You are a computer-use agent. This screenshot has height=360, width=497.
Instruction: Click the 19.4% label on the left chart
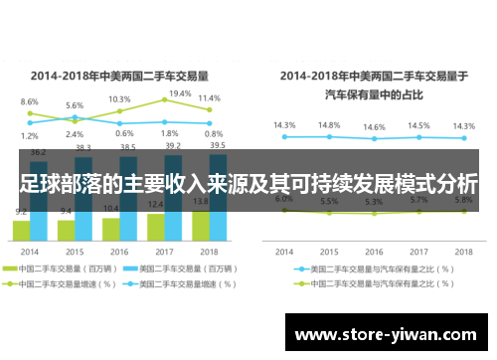tap(181, 92)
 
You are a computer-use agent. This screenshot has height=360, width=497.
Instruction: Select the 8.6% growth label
tap(30, 101)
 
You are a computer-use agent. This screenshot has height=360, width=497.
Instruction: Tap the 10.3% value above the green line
tap(119, 99)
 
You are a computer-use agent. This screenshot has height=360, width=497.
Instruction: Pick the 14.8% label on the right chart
tap(329, 125)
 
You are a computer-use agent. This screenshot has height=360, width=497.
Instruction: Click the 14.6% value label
tap(374, 127)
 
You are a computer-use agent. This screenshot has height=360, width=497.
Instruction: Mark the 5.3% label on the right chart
tap(374, 202)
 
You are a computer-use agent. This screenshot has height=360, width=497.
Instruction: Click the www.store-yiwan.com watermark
tap(388, 335)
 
